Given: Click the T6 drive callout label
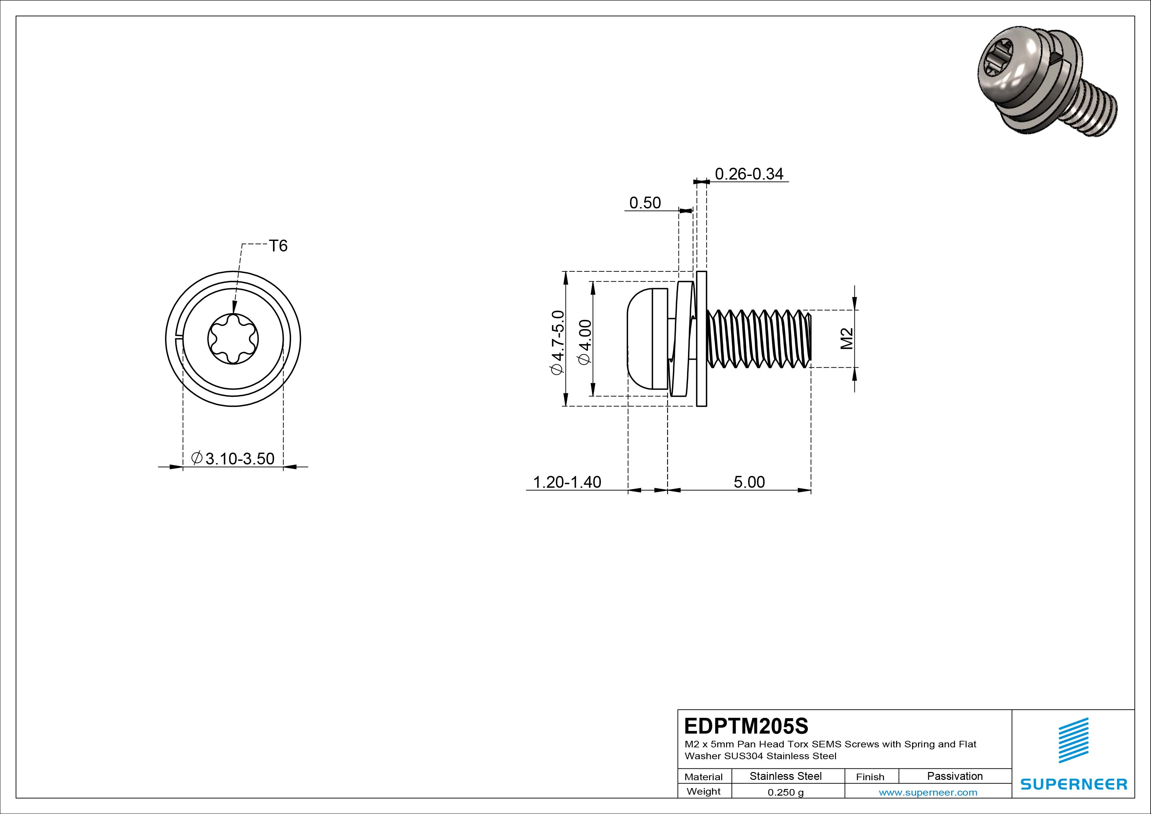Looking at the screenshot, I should (278, 246).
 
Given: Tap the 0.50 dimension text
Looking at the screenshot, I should (645, 203).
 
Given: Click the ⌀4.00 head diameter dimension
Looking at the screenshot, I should (585, 342).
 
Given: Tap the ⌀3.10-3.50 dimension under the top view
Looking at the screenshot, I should (233, 459).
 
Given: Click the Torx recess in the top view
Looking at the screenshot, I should (233, 339).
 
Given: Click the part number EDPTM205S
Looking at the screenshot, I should (746, 726).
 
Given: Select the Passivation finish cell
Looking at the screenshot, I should (954, 776).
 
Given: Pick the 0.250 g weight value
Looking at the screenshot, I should (785, 792).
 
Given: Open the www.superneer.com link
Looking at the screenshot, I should (928, 792).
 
